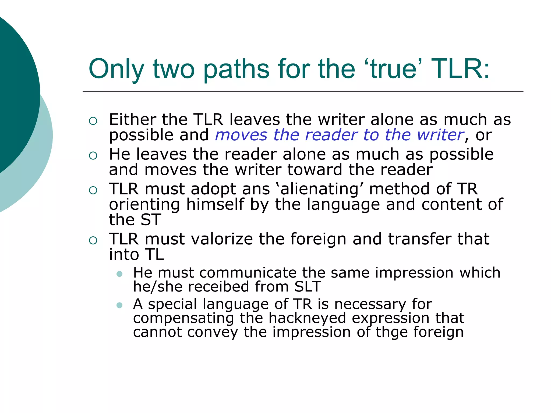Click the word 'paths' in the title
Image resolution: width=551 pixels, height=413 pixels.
coord(236,69)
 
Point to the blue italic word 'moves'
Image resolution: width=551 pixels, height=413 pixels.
coord(241,135)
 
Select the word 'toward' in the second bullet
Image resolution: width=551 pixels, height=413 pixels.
coord(315,170)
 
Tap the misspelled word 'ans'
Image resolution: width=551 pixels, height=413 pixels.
coord(256,189)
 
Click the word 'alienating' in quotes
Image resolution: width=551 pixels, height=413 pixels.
coord(319,189)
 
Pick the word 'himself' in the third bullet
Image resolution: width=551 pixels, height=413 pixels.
coord(215,204)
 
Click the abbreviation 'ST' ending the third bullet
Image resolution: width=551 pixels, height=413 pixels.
coord(151,220)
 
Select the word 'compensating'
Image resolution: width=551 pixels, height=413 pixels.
coord(183,319)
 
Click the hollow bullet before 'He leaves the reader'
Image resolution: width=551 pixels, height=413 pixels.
coord(93,156)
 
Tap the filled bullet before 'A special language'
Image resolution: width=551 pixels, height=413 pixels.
coord(119,305)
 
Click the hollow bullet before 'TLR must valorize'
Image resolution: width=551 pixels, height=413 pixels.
coord(93,240)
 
